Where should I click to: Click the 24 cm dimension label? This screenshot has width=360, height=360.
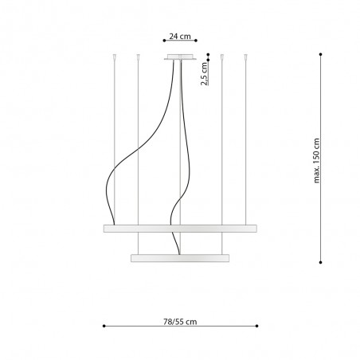click(180, 36)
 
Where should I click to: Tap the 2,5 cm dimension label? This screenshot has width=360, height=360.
click(204, 73)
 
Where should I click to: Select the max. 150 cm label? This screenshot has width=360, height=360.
click(317, 161)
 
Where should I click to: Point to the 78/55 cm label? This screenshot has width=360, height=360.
click(180, 322)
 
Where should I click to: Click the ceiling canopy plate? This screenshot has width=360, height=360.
click(180, 57)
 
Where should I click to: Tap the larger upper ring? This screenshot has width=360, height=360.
click(180, 229)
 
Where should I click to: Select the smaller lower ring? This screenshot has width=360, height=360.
click(180, 258)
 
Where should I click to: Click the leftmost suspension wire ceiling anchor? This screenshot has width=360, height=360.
click(115, 57)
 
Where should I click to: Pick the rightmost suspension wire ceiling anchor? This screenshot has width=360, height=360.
click(245, 57)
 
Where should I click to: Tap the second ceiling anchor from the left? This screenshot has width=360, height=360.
click(138, 57)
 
